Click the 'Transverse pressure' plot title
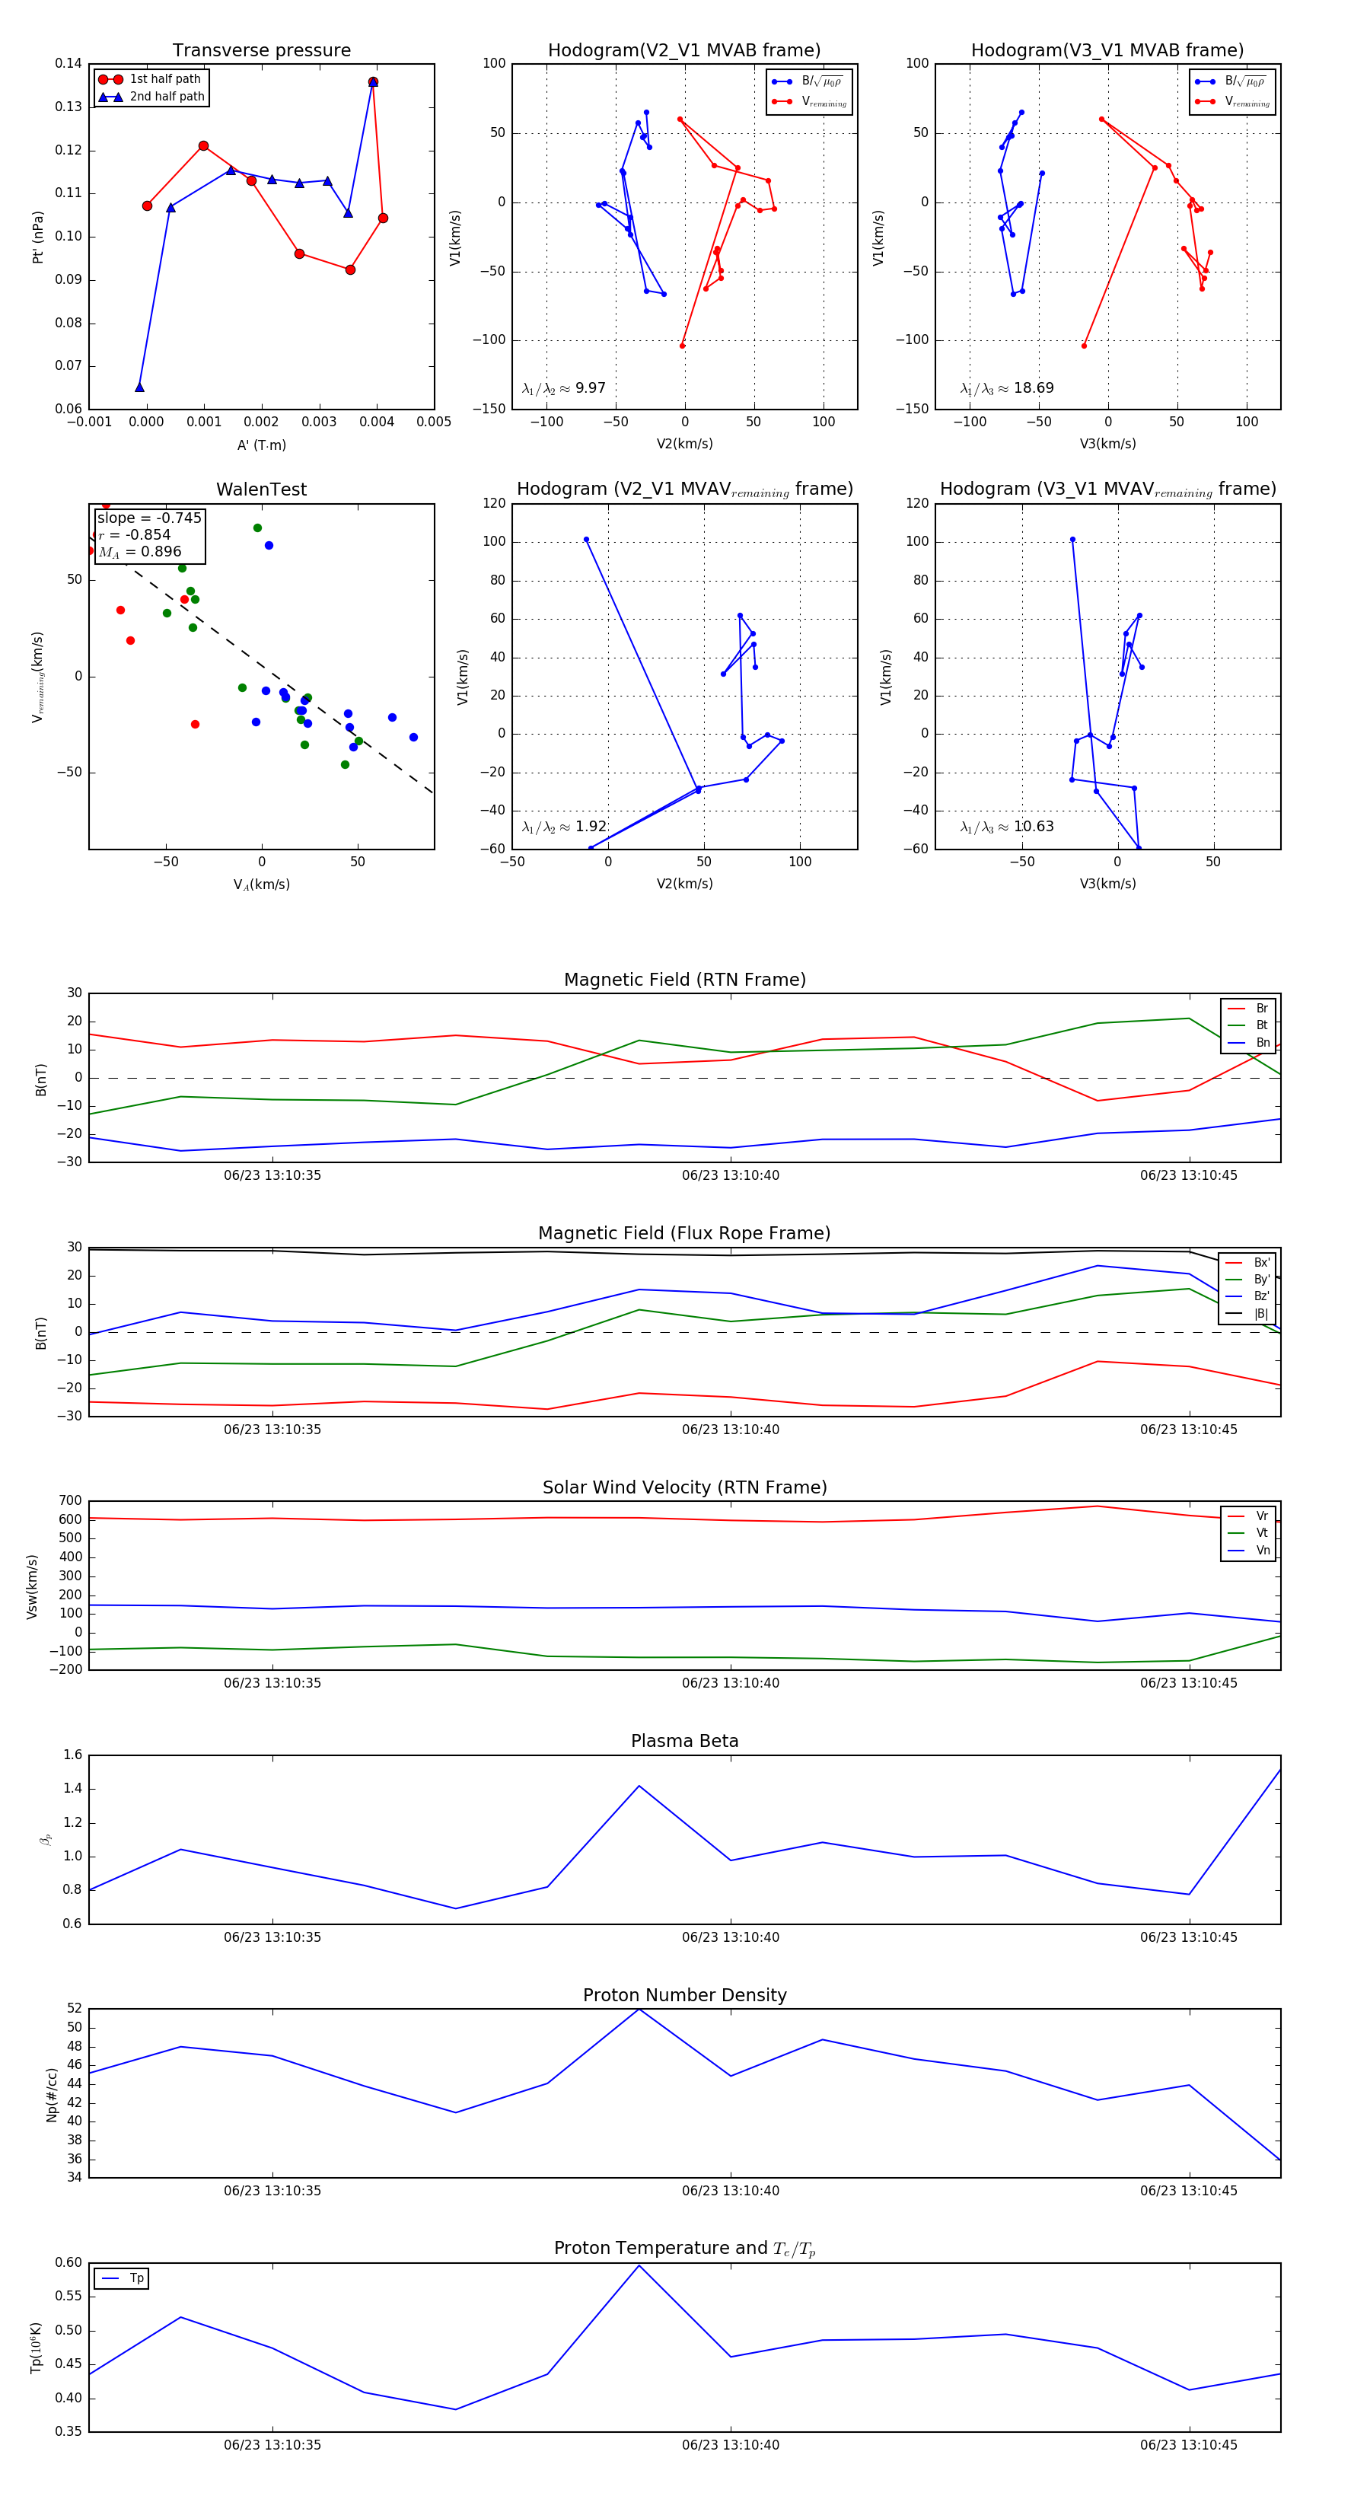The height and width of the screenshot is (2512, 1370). pyautogui.click(x=261, y=51)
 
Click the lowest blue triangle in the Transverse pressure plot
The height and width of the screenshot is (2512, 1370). pyautogui.click(x=139, y=387)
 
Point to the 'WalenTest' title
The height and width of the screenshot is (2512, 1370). pyautogui.click(x=261, y=489)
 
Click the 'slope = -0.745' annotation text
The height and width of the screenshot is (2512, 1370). pyautogui.click(x=149, y=518)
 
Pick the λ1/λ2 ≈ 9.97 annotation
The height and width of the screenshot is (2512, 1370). pyautogui.click(x=563, y=388)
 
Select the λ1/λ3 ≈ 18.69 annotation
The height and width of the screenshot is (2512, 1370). pyautogui.click(x=1006, y=388)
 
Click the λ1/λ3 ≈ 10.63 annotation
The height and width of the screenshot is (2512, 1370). pyautogui.click(x=1006, y=827)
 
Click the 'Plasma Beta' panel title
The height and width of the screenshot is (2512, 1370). pyautogui.click(x=684, y=1741)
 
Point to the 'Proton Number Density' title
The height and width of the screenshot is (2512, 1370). pyautogui.click(x=684, y=1995)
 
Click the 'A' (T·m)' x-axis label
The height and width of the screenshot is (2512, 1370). pyautogui.click(x=261, y=445)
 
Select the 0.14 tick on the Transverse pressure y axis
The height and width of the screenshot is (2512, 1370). pyautogui.click(x=68, y=63)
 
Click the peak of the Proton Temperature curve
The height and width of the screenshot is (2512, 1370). pyautogui.click(x=639, y=2265)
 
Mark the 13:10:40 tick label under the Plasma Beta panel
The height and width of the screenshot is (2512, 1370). pyautogui.click(x=731, y=1937)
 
